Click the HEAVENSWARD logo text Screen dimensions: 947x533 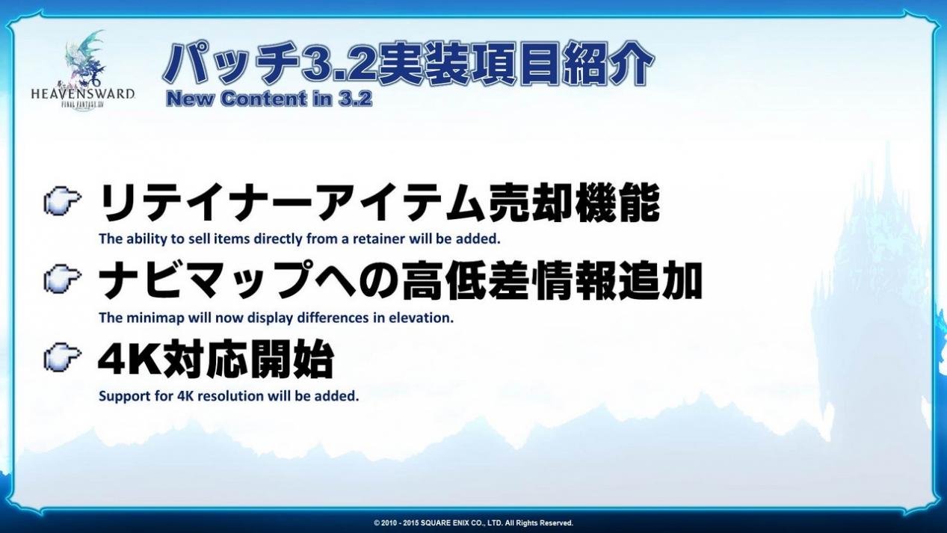[x=83, y=93]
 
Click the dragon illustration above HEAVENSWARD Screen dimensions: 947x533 [x=85, y=58]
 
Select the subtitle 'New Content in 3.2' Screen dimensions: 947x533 [x=269, y=99]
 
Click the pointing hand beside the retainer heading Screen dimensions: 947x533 [x=63, y=202]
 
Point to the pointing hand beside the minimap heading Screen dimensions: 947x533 [x=63, y=280]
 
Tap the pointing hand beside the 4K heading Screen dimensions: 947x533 [x=63, y=357]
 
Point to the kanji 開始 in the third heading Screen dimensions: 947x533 [x=291, y=360]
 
